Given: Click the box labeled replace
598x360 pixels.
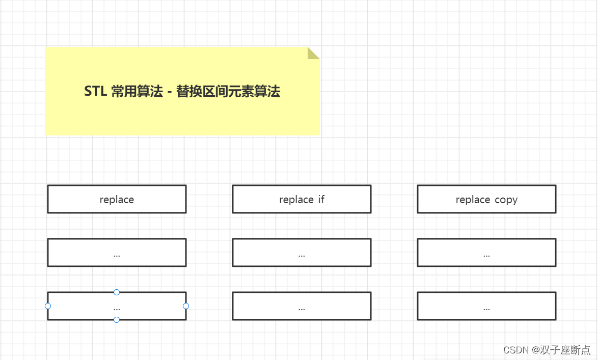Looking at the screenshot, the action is click(x=117, y=199).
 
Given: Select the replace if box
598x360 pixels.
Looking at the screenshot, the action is click(x=302, y=199).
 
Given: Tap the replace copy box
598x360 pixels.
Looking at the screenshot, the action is click(x=486, y=199).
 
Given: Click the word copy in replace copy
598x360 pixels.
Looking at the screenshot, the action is click(x=506, y=200).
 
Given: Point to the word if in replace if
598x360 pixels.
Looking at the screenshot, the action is click(x=321, y=200).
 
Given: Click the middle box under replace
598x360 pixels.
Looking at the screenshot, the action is click(x=117, y=253).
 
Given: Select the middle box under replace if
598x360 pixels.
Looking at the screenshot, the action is click(x=302, y=253).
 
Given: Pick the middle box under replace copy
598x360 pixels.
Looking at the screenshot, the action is click(x=486, y=253).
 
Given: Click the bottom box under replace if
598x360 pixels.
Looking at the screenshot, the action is click(x=302, y=306).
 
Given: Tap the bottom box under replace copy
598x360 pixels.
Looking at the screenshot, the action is click(x=486, y=306).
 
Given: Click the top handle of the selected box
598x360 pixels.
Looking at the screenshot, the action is click(x=117, y=292).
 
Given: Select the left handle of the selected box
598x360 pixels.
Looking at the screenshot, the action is click(x=48, y=306).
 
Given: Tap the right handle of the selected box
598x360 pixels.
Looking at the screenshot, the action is click(x=186, y=306).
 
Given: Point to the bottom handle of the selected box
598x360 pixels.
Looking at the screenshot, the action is click(x=117, y=320).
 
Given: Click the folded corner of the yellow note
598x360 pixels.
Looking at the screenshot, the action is click(x=313, y=53).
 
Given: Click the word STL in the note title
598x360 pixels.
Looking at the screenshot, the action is click(x=95, y=92).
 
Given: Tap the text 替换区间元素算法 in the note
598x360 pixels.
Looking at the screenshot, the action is click(x=228, y=92).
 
